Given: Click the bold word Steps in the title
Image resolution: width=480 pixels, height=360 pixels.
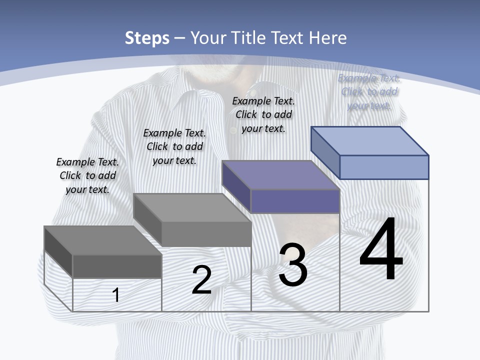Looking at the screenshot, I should coord(147,38).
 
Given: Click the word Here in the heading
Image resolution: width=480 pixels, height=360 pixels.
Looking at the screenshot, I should coord(327,38).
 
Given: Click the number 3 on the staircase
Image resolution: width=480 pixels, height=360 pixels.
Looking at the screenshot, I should coord(293,265).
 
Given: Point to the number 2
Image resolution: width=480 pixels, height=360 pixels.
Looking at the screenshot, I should coord(201,280).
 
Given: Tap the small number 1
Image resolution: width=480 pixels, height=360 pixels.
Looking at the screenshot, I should coord(116,295).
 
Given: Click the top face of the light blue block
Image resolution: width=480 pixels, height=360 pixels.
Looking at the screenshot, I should coord(370,140).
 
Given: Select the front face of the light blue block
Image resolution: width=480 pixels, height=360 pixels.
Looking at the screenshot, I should coord(384,167).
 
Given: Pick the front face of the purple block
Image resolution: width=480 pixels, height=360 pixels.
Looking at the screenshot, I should coord(295,201).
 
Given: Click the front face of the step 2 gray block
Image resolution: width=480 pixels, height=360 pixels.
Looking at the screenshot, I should coord(206,234).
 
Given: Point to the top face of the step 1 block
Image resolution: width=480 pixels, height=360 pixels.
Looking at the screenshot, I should coord(103,240).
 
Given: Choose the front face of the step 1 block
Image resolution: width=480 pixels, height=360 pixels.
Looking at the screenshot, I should coord(117,266).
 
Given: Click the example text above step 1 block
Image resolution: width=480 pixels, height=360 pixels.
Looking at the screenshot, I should coord(87,175).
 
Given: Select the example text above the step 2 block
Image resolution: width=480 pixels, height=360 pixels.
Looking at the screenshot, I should coord(174,146).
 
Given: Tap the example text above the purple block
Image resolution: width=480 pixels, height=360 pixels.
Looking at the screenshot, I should coord(263,114).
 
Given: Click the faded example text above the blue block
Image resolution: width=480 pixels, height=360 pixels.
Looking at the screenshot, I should coord(369,91).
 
